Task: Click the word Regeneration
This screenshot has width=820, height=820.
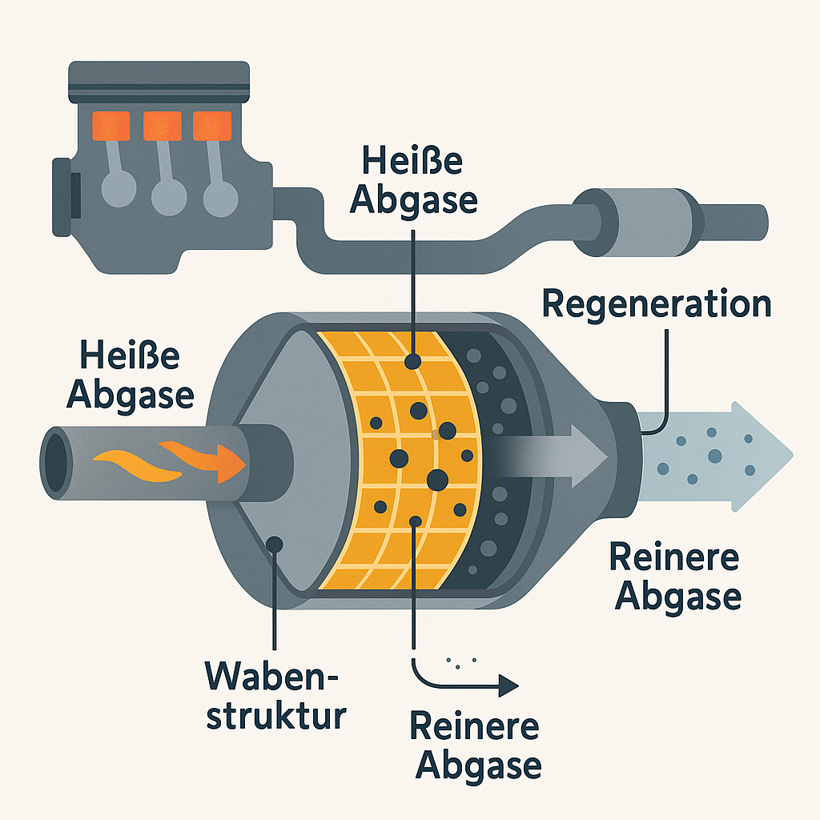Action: (x=657, y=305)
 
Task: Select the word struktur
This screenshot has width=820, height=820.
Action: (x=275, y=715)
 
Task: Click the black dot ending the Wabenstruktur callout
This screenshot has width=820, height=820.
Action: (x=275, y=544)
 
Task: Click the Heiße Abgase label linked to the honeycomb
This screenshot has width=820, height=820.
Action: (x=415, y=180)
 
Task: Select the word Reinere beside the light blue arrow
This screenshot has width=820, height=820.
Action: (x=674, y=557)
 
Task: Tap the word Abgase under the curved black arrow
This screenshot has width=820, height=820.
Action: (x=480, y=766)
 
